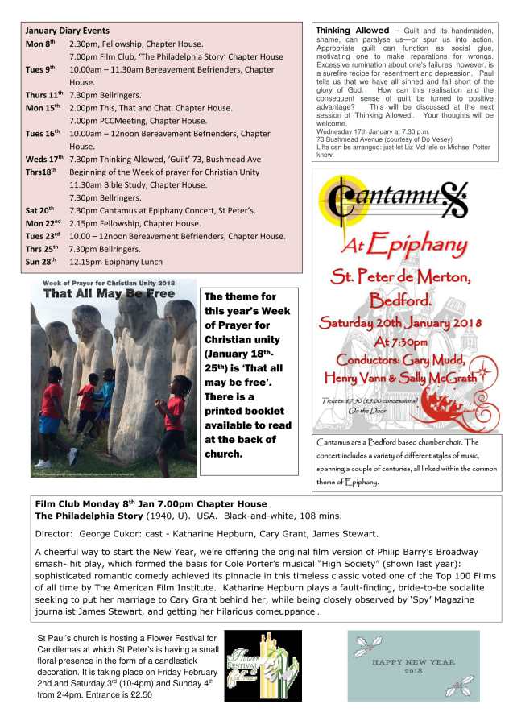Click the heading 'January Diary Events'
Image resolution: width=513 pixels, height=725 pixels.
(68, 31)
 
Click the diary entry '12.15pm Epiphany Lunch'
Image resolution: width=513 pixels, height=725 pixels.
(116, 262)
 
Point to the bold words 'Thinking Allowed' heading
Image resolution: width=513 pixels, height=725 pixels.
(350, 30)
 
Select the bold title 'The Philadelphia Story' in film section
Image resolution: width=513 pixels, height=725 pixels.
(89, 516)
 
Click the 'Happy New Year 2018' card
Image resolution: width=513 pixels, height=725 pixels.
(413, 665)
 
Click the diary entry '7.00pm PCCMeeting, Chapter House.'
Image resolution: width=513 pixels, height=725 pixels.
(138, 121)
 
